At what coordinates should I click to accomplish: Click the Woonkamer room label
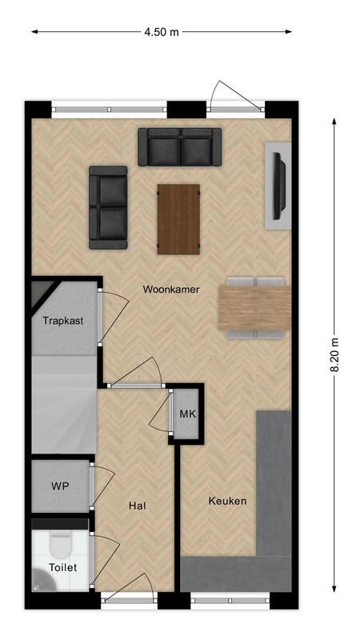171,289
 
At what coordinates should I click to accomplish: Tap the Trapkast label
63,321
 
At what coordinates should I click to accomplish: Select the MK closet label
187,414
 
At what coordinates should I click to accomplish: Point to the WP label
60,486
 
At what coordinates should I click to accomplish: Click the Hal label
137,506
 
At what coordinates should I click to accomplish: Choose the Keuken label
227,502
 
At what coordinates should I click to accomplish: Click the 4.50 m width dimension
162,32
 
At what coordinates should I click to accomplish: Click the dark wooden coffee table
178,218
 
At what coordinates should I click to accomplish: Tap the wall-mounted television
279,186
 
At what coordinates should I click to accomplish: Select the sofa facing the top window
180,146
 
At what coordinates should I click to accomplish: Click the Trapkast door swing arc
114,314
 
